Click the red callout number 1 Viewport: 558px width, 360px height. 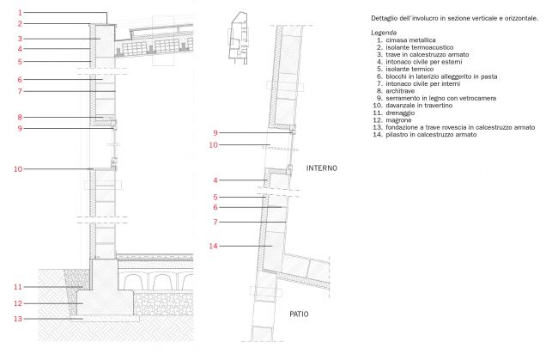tap(20, 13)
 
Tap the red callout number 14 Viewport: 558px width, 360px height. tap(213, 246)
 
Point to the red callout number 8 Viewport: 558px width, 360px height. tap(20, 117)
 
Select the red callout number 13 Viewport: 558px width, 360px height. tap(18, 319)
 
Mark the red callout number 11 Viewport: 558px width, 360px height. tap(18, 287)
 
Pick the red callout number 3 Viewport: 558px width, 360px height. tap(20, 39)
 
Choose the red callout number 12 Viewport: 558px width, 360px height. tap(18, 304)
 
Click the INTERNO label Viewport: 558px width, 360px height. tap(322, 168)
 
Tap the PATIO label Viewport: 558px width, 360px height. tap(299, 314)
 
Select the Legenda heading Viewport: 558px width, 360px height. tap(384, 33)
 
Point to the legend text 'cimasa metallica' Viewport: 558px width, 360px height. tap(410, 40)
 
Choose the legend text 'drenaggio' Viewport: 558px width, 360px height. tap(400, 113)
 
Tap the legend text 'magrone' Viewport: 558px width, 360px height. tap(398, 120)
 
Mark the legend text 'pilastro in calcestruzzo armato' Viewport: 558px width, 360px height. tap(431, 135)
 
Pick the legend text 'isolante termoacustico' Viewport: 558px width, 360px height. tap(420, 47)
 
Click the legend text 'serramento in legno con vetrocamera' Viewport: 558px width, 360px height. tap(441, 98)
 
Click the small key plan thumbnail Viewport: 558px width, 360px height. tap(238, 38)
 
